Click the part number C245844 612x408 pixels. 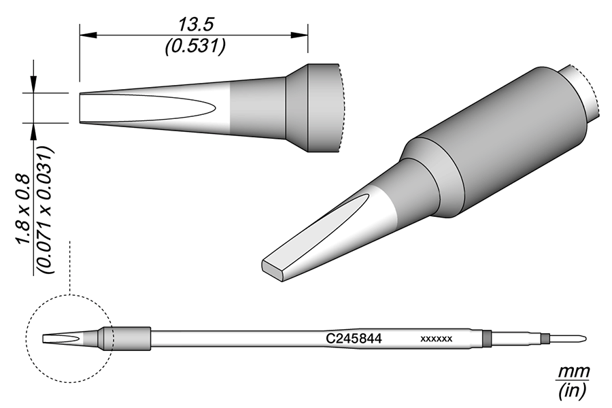click(x=354, y=337)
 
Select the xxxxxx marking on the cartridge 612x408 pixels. click(x=437, y=338)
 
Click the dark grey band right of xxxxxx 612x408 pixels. click(x=486, y=338)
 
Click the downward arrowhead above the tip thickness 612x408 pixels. click(x=33, y=88)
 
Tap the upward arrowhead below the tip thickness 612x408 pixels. click(x=33, y=127)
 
